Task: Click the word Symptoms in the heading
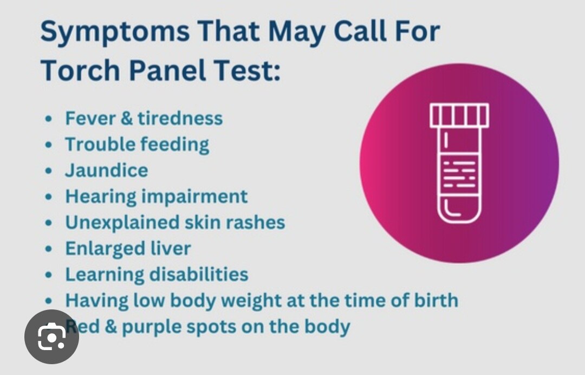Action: coord(115,32)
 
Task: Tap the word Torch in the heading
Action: coord(80,70)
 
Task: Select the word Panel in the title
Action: coord(167,70)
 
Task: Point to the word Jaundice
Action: coord(107,171)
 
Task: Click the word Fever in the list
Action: coord(90,118)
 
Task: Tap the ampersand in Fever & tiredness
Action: coord(127,118)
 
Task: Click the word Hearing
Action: coord(101,197)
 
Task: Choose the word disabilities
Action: coord(199,274)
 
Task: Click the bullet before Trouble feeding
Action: coord(49,145)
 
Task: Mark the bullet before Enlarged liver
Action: coord(49,249)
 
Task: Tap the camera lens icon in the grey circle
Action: coord(51,337)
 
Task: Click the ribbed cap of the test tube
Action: coord(459,115)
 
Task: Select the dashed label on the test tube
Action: coord(459,174)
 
